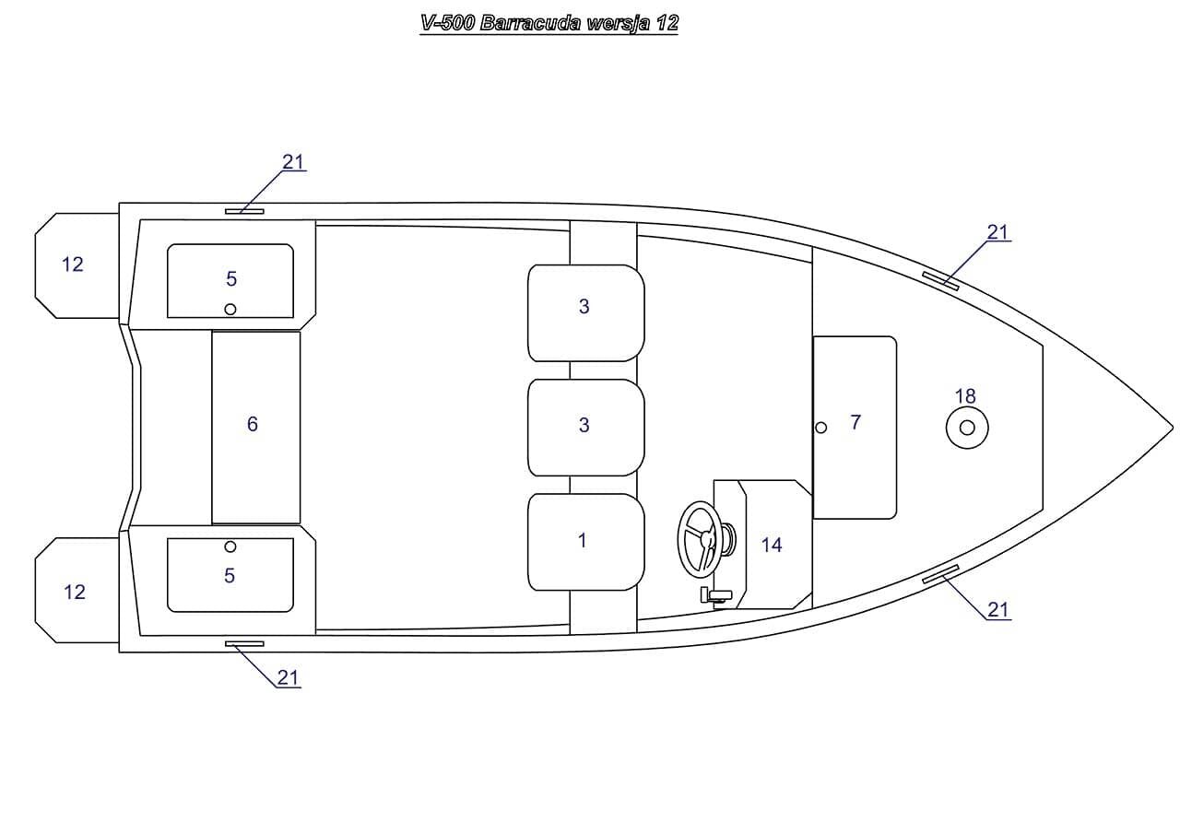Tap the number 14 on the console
point(772,545)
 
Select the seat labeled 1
point(585,542)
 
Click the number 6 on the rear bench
point(253,424)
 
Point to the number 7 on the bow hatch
point(855,422)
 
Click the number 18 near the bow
point(965,396)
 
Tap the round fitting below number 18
point(967,428)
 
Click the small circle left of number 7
point(820,428)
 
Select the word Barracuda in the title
point(530,23)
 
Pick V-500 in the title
point(448,23)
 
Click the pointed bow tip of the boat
point(1173,428)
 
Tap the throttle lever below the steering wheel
point(715,595)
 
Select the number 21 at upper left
point(293,161)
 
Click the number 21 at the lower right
point(997,610)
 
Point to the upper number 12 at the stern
point(73,264)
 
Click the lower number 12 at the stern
point(75,593)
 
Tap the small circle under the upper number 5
point(230,309)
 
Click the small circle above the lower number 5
point(230,547)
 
